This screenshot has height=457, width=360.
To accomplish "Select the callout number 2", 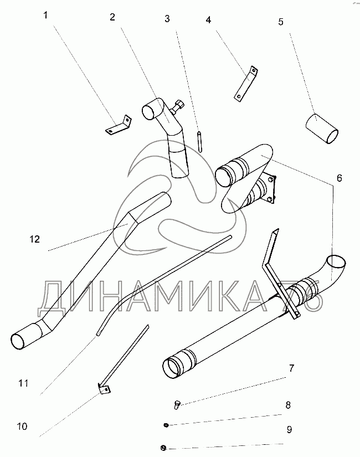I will click(x=112, y=17).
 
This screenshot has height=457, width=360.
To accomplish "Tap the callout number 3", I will click(x=167, y=19).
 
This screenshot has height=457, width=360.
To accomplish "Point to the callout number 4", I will click(x=208, y=20).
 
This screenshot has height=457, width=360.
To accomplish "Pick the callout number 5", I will click(x=280, y=22).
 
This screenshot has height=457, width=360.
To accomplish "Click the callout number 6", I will click(x=339, y=178).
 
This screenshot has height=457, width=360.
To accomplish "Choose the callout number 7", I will click(x=291, y=368).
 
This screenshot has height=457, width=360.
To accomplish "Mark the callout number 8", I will click(x=288, y=404).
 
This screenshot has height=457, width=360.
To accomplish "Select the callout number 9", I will click(x=289, y=429).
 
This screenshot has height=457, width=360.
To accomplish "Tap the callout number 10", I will click(x=22, y=427).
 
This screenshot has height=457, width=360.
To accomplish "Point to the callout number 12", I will click(x=35, y=239).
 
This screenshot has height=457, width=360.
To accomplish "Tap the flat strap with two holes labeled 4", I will click(x=244, y=84).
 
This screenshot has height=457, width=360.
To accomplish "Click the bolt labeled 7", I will click(x=177, y=404).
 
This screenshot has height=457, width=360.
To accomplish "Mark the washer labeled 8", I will click(x=166, y=425).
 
